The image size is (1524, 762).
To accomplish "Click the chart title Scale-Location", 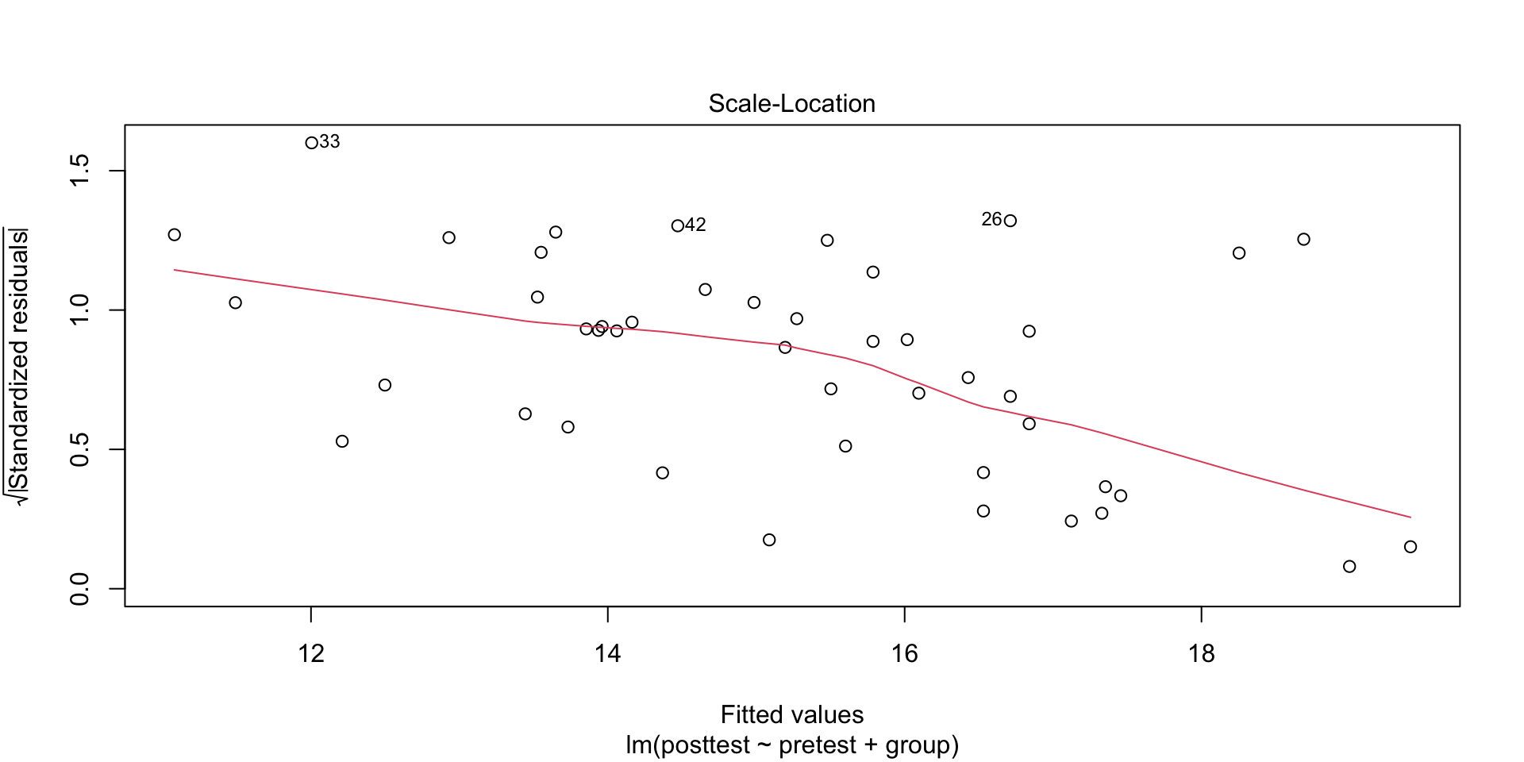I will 791,104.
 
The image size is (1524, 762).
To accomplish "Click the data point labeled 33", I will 311,143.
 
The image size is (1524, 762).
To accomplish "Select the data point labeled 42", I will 677,226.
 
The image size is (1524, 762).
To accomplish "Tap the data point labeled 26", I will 1010,221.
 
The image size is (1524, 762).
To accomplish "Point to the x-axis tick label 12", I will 311,654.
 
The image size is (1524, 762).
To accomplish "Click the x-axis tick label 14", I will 607,654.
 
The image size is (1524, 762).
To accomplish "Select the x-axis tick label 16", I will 904,654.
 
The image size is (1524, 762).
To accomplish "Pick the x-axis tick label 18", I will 1201,654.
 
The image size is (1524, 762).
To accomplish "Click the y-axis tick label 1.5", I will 80,171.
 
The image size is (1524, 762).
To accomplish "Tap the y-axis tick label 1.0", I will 80,310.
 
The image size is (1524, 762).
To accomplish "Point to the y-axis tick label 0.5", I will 80,449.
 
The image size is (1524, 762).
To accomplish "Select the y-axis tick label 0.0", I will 80,589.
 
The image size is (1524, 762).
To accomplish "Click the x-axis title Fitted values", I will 791,715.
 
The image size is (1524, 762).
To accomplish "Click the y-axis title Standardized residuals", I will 19,365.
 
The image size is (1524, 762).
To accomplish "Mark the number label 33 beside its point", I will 329,142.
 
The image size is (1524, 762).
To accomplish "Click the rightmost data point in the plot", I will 1410,547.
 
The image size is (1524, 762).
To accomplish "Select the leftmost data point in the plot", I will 175,235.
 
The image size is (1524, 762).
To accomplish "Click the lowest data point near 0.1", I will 1349,567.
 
